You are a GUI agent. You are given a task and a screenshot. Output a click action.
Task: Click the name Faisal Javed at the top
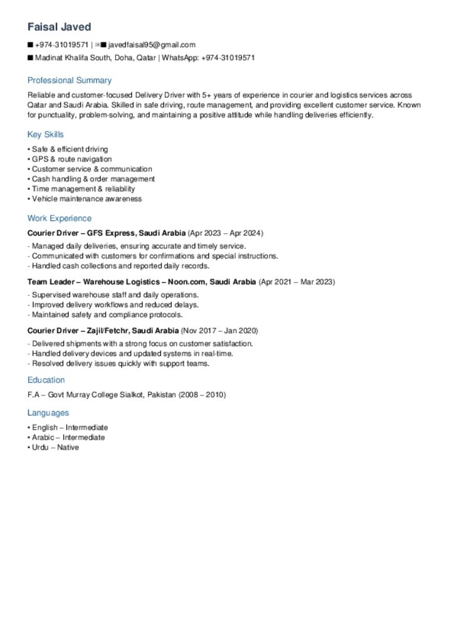(60, 27)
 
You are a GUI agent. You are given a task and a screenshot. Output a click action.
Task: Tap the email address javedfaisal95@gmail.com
(152, 45)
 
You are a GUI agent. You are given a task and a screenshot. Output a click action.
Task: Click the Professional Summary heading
(70, 80)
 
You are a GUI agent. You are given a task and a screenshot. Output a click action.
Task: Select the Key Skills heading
(45, 134)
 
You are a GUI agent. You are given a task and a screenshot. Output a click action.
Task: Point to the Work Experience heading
(60, 218)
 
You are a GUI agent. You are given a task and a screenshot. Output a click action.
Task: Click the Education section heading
(46, 380)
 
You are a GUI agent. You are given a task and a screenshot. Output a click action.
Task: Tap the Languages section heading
(48, 413)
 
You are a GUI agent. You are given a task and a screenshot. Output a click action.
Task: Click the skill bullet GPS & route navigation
(71, 159)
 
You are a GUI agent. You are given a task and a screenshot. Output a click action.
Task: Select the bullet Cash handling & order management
(93, 179)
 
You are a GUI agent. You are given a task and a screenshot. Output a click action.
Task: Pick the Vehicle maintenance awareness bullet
(87, 199)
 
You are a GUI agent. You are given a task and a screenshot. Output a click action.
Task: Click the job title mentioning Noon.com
(142, 282)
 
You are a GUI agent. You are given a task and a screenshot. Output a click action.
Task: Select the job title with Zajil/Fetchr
(103, 330)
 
